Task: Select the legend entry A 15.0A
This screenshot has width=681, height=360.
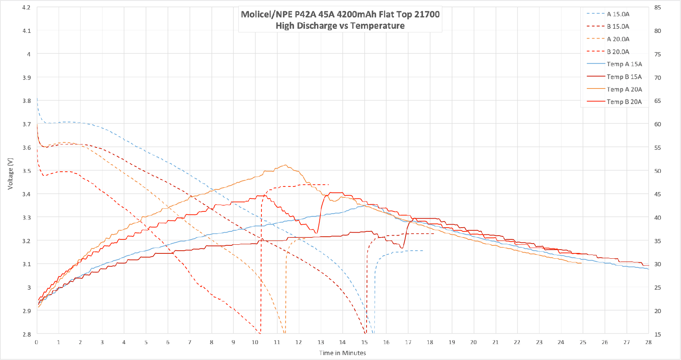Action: click(x=618, y=14)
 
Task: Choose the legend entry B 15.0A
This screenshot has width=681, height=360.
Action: click(x=618, y=26)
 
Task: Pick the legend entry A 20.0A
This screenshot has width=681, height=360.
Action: click(x=618, y=39)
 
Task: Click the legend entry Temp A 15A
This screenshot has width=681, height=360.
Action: click(x=624, y=64)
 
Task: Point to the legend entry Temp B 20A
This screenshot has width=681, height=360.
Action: click(x=624, y=102)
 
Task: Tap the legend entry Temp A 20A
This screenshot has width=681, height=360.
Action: click(x=624, y=89)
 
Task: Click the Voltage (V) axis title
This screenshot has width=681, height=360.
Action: click(x=10, y=174)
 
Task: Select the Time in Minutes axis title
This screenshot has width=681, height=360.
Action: click(x=342, y=353)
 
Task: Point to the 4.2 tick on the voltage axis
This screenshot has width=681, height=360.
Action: click(x=26, y=8)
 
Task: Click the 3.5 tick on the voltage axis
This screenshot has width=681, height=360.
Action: click(x=26, y=171)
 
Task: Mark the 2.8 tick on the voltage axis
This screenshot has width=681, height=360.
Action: click(x=26, y=334)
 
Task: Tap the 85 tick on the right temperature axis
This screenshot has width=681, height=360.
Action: click(x=658, y=8)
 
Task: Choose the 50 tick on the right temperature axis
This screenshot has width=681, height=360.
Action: click(x=658, y=171)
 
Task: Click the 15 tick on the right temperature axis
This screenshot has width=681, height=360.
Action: click(x=658, y=334)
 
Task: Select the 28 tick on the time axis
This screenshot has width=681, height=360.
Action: click(x=648, y=342)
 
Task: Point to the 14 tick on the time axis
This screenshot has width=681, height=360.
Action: click(x=342, y=342)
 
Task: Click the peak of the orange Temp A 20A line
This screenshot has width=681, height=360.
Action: click(x=285, y=165)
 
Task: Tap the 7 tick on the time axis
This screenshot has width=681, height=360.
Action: click(x=190, y=342)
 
